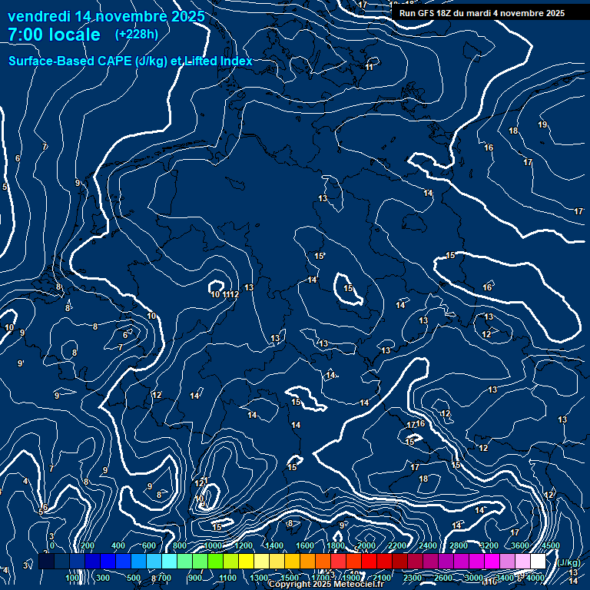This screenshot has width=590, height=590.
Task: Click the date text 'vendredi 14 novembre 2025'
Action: (106, 16)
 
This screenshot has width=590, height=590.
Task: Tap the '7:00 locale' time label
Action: (54, 35)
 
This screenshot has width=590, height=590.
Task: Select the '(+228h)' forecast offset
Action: (137, 35)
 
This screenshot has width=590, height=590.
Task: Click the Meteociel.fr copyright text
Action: (326, 585)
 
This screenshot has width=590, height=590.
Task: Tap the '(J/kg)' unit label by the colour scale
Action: (569, 563)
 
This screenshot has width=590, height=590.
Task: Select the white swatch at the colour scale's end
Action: (538, 562)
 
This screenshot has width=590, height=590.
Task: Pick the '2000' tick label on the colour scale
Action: (366, 545)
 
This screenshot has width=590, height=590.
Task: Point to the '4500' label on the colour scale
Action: (550, 545)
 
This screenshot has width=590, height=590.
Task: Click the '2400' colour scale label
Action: (428, 545)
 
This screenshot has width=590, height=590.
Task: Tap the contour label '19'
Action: (542, 124)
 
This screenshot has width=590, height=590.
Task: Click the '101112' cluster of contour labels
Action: (225, 294)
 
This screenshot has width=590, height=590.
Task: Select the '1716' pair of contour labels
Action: (416, 424)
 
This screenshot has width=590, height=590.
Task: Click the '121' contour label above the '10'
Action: (201, 482)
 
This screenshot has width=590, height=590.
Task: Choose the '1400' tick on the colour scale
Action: (274, 545)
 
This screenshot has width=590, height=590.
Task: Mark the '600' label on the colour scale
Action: (149, 545)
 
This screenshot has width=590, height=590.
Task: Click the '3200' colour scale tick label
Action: (489, 545)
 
